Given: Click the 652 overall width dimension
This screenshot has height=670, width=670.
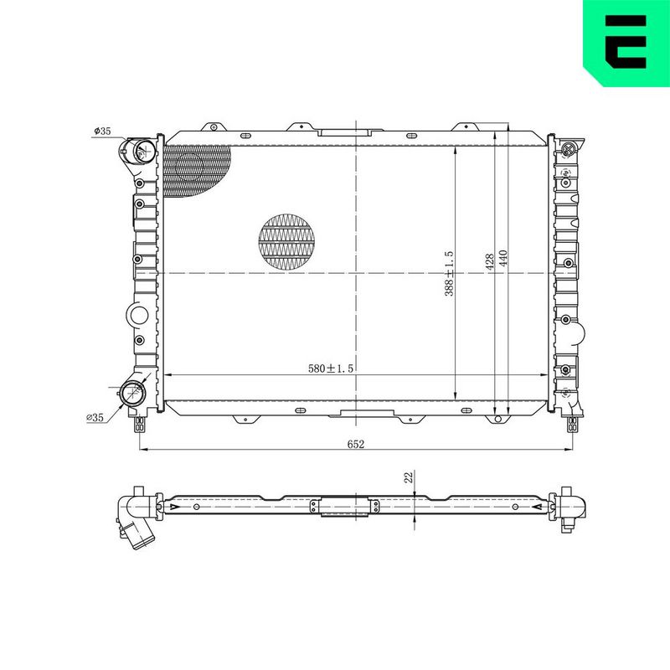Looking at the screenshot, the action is (355, 444).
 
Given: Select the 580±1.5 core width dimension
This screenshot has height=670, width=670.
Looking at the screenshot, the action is (331, 368).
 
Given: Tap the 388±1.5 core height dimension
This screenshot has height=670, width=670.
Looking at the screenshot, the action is (449, 274).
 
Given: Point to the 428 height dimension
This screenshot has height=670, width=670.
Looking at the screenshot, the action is (490, 261).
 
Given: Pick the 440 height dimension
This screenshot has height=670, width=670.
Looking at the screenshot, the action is (503, 259).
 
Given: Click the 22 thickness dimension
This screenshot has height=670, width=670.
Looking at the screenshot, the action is (409, 477).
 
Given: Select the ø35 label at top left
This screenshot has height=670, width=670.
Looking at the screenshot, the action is (102, 131).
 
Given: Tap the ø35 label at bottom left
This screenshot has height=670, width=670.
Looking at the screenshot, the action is (95, 417).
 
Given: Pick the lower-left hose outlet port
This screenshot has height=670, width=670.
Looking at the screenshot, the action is (133, 393).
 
